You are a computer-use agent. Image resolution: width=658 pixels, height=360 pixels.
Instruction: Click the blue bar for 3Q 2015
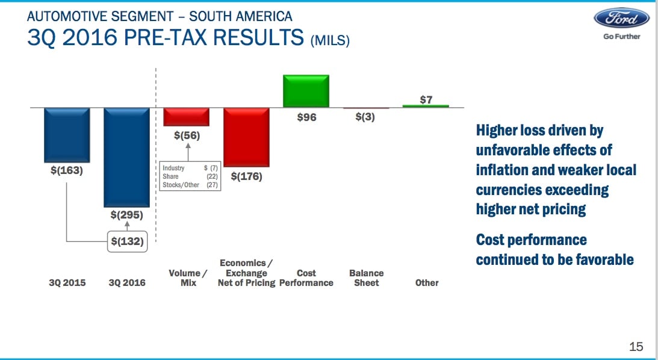67,135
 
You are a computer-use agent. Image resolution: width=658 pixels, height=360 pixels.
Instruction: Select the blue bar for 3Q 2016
127,157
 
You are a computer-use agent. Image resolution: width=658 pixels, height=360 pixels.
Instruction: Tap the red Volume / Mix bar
186,117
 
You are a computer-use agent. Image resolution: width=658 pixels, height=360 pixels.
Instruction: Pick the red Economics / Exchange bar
246,137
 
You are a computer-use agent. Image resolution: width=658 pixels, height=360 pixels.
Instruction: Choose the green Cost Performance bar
306,91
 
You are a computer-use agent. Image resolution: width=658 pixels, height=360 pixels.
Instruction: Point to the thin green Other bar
426,106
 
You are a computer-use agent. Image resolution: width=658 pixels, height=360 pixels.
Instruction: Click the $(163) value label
67,171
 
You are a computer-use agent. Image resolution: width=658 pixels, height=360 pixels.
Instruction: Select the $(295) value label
127,216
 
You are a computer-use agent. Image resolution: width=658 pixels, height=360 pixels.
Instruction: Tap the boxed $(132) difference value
127,241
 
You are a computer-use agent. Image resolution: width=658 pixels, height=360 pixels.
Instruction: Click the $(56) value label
187,135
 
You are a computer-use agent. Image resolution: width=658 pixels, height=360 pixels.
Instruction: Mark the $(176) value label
246,176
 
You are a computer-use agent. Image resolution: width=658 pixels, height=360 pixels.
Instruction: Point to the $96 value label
306,117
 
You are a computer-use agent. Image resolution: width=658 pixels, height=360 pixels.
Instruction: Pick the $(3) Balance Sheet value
365,117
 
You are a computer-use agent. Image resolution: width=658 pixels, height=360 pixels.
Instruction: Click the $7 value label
426,100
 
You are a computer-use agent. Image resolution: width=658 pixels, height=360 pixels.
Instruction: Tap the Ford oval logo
621,19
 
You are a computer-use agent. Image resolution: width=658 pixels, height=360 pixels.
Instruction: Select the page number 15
636,347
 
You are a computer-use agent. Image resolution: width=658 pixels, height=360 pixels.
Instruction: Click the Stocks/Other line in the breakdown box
190,185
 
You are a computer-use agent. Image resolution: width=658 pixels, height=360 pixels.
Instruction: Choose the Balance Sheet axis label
367,278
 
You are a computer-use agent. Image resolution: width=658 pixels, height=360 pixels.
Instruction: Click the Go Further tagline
621,37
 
